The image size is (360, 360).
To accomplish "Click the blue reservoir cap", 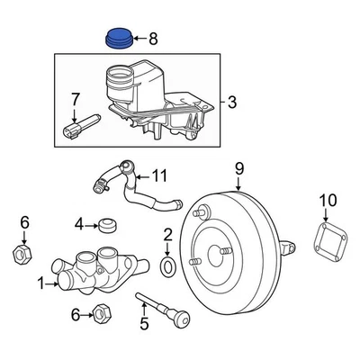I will point(118,38).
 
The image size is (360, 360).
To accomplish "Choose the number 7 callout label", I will point(76,97).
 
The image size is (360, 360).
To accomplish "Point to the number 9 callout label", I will point(239,168).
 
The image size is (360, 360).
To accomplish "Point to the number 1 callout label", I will point(40,283).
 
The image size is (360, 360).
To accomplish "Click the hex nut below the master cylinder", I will point(102,313).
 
